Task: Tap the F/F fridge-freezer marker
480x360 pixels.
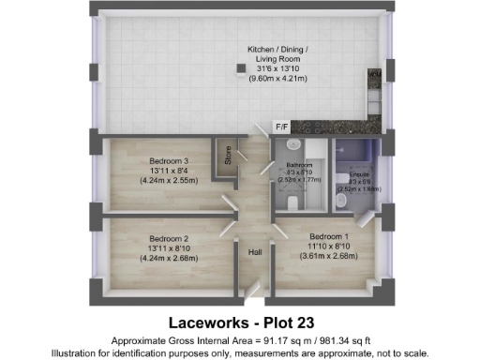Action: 279,126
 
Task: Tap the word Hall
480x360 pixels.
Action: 254,252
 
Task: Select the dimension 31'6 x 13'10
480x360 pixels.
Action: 276,67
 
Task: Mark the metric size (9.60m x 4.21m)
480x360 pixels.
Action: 276,79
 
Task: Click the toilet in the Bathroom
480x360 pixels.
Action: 294,202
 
